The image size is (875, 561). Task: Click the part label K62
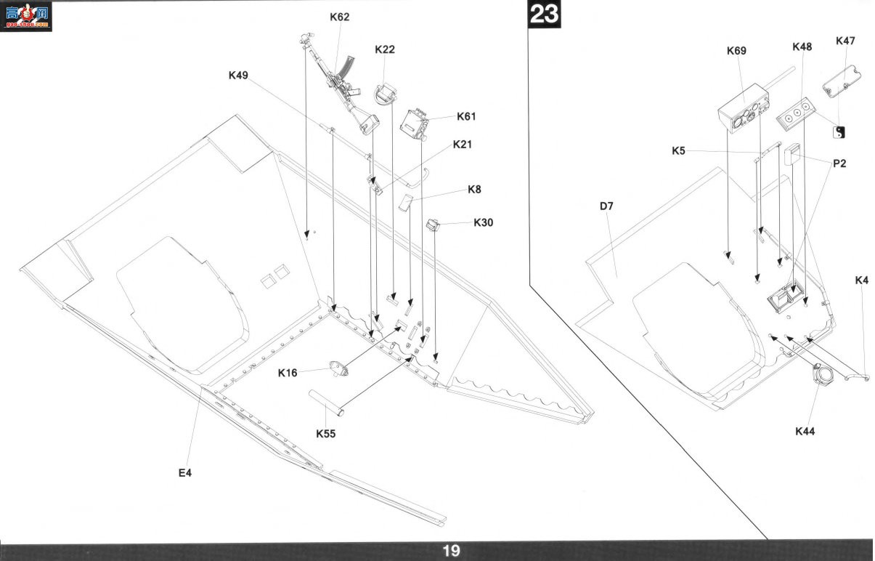click(x=339, y=17)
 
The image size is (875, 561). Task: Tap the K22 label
click(x=385, y=49)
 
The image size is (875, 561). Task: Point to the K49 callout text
click(x=238, y=75)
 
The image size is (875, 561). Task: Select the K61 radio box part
click(x=415, y=124)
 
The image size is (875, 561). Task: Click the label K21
click(x=463, y=145)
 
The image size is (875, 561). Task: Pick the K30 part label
click(x=483, y=222)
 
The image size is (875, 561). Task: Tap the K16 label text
click(x=288, y=373)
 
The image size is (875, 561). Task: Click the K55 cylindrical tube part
click(x=326, y=403)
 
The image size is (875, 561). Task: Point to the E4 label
click(x=185, y=472)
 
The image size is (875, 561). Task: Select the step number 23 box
click(x=544, y=14)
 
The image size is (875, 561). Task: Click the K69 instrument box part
click(x=744, y=109)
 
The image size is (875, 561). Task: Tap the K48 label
click(x=802, y=47)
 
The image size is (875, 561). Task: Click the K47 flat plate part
click(x=842, y=81)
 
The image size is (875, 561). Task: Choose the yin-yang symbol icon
click(x=839, y=132)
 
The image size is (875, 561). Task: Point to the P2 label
click(x=839, y=164)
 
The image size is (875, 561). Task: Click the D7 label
click(x=606, y=206)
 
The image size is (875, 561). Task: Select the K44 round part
click(x=823, y=374)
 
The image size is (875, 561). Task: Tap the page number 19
click(x=451, y=552)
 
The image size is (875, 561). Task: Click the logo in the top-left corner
click(x=26, y=16)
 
